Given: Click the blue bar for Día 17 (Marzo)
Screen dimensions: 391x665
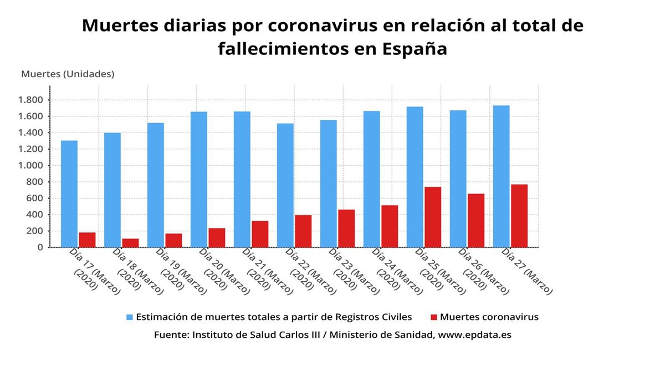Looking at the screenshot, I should (x=69, y=194).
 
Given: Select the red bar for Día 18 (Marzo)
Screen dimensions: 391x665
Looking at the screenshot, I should (x=130, y=243).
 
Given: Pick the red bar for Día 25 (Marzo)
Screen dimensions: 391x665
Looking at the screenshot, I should (x=433, y=217).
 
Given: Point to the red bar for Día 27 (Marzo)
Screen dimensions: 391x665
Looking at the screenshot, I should (x=519, y=216).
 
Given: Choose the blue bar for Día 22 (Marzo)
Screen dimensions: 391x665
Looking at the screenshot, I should (x=285, y=185).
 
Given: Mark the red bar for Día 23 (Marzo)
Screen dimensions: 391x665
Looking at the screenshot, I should (x=346, y=228).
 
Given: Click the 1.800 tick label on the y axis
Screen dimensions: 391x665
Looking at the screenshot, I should (x=30, y=100).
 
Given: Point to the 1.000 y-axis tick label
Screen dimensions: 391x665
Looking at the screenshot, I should (x=30, y=165).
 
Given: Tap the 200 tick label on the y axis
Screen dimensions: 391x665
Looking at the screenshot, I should (x=35, y=231).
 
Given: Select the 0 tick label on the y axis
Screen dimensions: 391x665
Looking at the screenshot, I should (x=40, y=247).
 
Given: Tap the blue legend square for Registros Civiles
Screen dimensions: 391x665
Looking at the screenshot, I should (x=130, y=317).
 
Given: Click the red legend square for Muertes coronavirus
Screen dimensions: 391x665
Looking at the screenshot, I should (x=434, y=317).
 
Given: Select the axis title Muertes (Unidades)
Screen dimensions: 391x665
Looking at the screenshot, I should (x=68, y=74).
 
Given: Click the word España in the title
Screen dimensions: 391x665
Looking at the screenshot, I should (x=415, y=49).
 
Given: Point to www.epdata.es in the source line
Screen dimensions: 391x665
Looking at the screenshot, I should (x=475, y=335).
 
